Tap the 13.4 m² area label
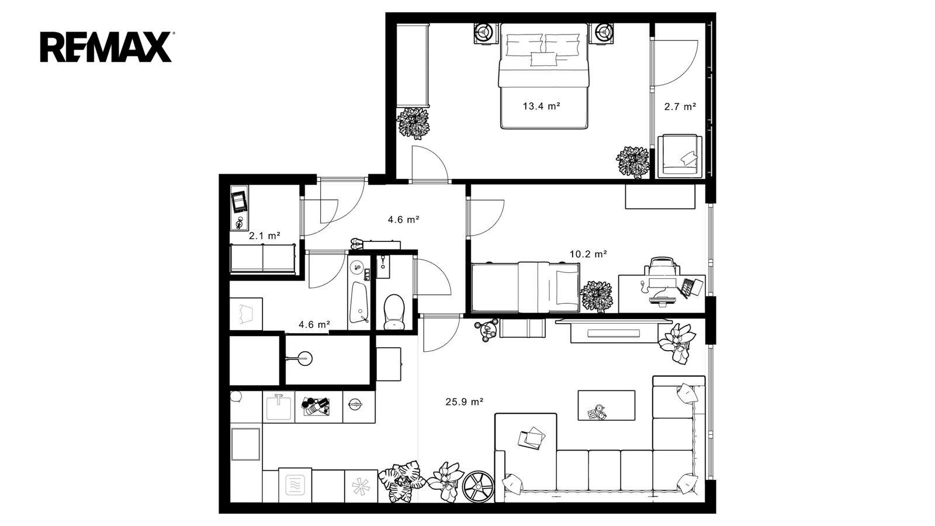[x=541, y=106]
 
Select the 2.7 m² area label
[x=680, y=106]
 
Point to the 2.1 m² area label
[x=264, y=236]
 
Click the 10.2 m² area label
[x=588, y=254]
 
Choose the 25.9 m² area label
[x=464, y=402]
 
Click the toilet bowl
[x=394, y=312]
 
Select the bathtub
[x=359, y=302]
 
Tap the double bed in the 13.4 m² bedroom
[x=543, y=75]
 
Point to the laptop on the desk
[x=691, y=288]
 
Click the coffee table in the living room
[x=606, y=405]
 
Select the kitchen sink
[x=278, y=407]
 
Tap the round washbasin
[x=304, y=358]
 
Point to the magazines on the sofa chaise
[x=531, y=438]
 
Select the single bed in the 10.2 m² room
[x=525, y=287]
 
